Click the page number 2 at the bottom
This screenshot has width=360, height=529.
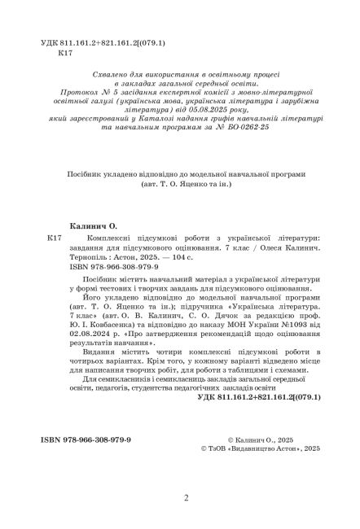pos(187,498)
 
